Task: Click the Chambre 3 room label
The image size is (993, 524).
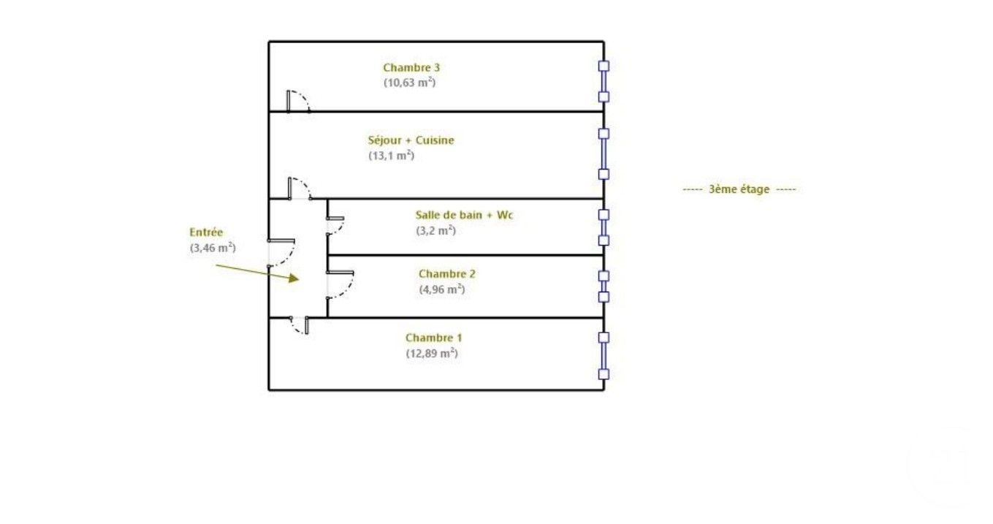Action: [411, 68]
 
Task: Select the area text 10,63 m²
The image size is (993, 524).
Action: [410, 83]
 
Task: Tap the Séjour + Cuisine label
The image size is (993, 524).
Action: [411, 140]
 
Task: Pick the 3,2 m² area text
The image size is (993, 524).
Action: [435, 230]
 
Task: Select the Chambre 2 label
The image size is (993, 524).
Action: [446, 274]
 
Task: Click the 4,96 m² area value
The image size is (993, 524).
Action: [441, 289]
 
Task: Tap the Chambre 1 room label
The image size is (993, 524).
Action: [433, 338]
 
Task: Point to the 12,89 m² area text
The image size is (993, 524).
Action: [432, 353]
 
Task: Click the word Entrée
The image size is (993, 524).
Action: [205, 232]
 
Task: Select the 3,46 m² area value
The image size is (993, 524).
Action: [213, 248]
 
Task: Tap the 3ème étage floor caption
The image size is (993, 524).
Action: [739, 189]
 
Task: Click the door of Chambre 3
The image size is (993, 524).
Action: [298, 102]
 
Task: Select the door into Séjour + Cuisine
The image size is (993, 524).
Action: [300, 189]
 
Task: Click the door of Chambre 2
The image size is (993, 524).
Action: [340, 284]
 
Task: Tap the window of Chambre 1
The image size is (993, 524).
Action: [604, 356]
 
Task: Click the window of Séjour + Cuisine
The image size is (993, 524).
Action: [604, 154]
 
